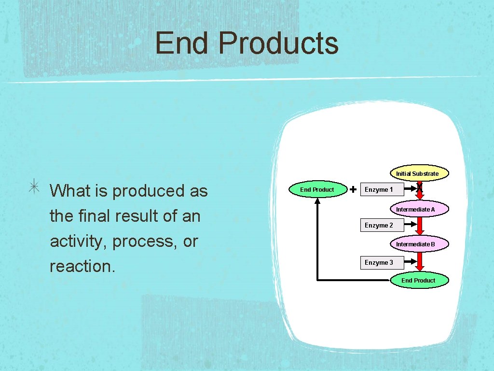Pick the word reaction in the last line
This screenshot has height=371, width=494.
point(82,266)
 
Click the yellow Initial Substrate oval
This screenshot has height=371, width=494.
point(417,173)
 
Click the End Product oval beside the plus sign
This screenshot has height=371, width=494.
point(317,189)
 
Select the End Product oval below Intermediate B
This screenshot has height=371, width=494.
point(418,280)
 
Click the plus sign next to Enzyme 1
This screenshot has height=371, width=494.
point(353,189)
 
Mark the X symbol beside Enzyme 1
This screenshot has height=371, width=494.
point(420,186)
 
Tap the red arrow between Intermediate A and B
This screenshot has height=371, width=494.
point(420,227)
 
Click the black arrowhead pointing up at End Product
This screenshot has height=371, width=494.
point(317,201)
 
